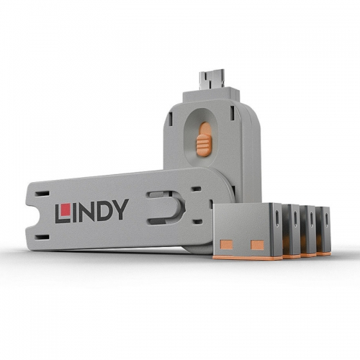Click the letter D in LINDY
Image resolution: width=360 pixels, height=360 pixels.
105,211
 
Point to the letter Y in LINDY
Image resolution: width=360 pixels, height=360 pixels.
120,210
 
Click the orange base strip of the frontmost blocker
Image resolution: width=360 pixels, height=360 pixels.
241,256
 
